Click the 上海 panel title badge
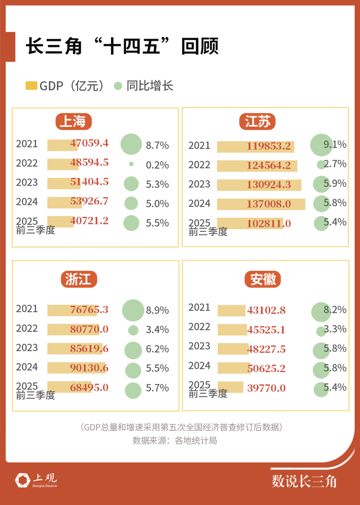(73, 122)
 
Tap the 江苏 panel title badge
(258, 122)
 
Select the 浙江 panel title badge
(78, 279)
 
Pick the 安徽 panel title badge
(263, 279)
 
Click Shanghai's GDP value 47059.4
(89, 143)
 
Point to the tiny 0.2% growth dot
(131, 164)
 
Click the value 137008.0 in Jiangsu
(268, 204)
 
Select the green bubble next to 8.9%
(133, 310)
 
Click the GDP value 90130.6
(89, 368)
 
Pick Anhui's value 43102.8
(266, 310)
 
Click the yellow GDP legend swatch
(31, 86)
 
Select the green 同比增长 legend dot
(118, 86)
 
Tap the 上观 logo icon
(22, 480)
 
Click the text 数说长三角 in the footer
(304, 481)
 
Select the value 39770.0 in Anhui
(266, 388)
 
